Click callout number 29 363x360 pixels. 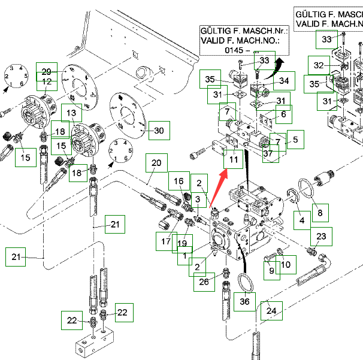[x=46, y=71]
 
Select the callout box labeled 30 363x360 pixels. [x=159, y=131]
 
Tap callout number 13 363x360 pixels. [x=71, y=113]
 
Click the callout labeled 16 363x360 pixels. [x=179, y=181]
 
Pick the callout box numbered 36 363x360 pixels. [x=244, y=302]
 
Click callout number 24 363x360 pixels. [x=271, y=311]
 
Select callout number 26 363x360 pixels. [x=205, y=281]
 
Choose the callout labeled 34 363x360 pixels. [x=284, y=81]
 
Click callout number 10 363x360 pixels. [x=286, y=264]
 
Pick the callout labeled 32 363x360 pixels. [x=318, y=65]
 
